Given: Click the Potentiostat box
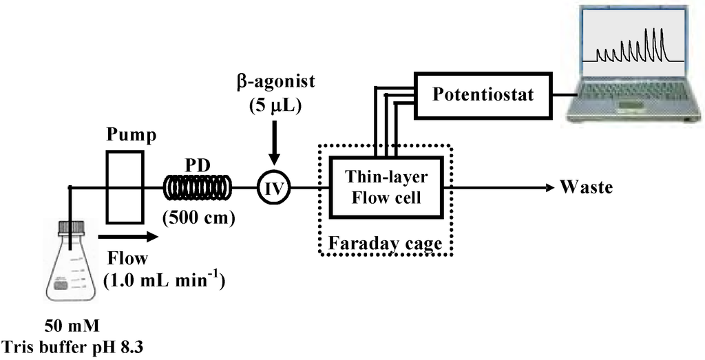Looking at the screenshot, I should [x=483, y=94].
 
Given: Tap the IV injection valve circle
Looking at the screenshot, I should [x=274, y=187].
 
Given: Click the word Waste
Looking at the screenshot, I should [x=585, y=187].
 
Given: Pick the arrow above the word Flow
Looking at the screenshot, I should [x=129, y=237].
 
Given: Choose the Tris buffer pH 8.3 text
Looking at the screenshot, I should [x=73, y=345].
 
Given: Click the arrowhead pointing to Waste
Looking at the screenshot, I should [x=549, y=187].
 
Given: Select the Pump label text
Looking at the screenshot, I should [x=131, y=135].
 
